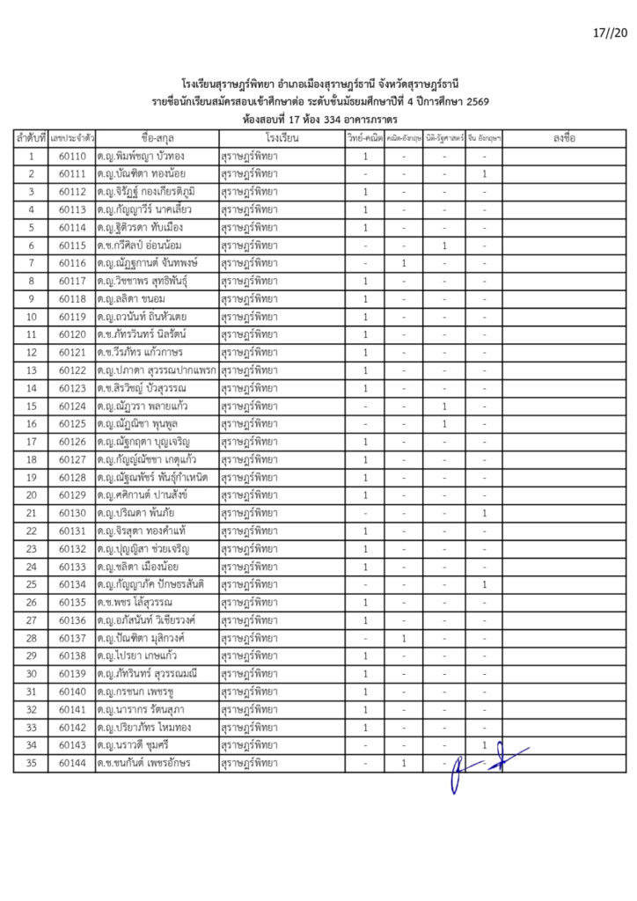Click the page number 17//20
[610, 33]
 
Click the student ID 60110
[72, 157]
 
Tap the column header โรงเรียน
[281, 139]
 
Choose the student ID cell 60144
[72, 764]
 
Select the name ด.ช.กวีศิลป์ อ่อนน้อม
[145, 245]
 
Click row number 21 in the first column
[31, 513]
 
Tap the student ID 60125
[72, 424]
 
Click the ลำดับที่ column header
[31, 139]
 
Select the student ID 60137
[72, 639]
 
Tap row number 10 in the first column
[31, 317]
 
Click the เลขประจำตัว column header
[72, 139]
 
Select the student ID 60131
[72, 531]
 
